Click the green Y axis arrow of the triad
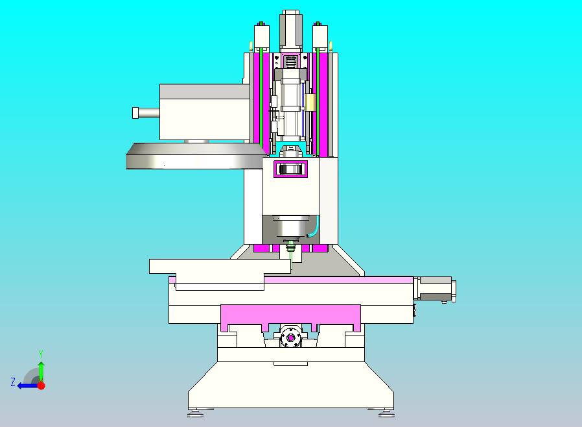[41, 369]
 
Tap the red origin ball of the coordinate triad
[41, 385]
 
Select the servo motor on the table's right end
[434, 289]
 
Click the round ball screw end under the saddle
[290, 338]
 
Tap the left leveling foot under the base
[201, 411]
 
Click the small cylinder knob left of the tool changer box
[145, 113]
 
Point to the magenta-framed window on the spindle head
[290, 170]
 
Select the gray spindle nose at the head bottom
[290, 227]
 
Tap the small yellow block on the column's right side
[310, 102]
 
